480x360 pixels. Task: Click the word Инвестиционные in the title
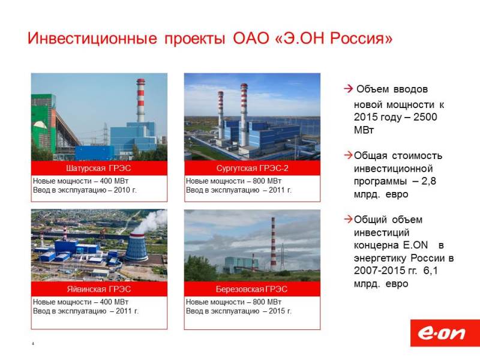pos(92,38)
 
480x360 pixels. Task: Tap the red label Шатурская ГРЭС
pos(98,168)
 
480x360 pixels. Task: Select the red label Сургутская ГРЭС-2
pos(252,168)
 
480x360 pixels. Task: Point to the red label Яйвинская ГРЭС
pos(99,289)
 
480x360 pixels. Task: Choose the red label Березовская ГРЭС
pos(251,289)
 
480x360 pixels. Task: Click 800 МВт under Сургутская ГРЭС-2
pos(267,181)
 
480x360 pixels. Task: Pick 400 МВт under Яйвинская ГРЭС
pos(114,302)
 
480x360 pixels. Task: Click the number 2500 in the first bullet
pos(425,117)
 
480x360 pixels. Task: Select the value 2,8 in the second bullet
pos(428,181)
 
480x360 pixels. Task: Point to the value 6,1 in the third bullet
pos(431,271)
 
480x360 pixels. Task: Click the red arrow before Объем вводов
pos(349,89)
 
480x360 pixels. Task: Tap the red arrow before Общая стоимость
pos(349,155)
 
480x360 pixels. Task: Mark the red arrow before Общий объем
pos(349,219)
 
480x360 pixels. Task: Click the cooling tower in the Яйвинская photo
pos(136,247)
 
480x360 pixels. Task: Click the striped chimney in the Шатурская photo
pos(140,100)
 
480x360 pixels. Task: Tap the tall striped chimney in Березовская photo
pos(273,244)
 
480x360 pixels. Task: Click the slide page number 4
pos(33,343)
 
